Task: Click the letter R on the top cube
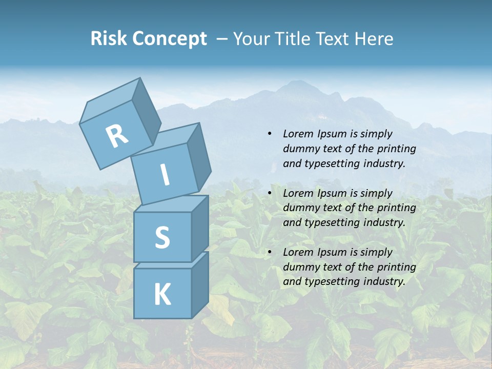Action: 117,136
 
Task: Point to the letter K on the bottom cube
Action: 162,294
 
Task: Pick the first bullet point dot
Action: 270,134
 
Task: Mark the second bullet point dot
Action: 270,193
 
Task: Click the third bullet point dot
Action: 270,252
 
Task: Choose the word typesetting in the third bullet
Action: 328,281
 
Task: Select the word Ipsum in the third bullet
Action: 330,252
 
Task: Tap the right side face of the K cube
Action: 200,284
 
